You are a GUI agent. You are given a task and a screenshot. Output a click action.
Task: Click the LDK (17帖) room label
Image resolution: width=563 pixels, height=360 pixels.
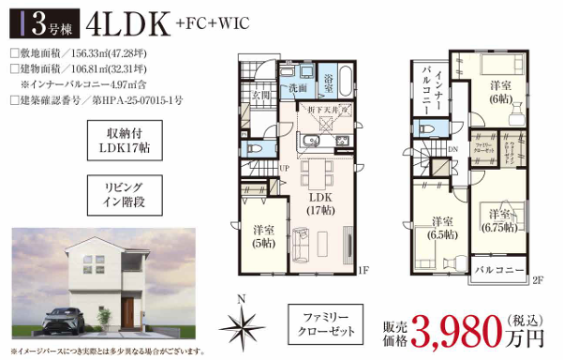320,204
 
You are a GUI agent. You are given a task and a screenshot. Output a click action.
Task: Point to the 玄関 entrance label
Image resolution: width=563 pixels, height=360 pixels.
260,95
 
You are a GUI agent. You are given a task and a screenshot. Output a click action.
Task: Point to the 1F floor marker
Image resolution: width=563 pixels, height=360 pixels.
364,272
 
